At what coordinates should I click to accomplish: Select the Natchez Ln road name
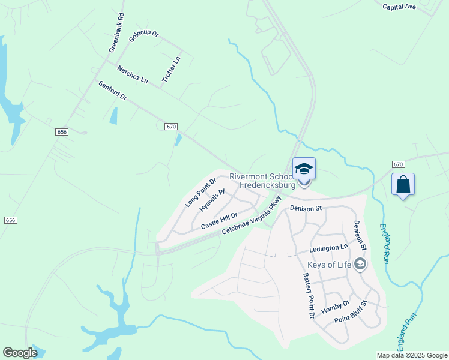(132, 74)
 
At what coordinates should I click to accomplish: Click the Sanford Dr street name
(113, 91)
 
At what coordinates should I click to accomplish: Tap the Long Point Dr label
(200, 193)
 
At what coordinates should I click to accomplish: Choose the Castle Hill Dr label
(219, 220)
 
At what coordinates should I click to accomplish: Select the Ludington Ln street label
(328, 247)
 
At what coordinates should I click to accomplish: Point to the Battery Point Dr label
(309, 296)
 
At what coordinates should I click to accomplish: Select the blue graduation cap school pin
(304, 170)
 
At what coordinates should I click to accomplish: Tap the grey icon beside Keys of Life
(360, 264)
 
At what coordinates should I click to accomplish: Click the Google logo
(20, 353)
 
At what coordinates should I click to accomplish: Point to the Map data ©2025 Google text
(411, 355)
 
